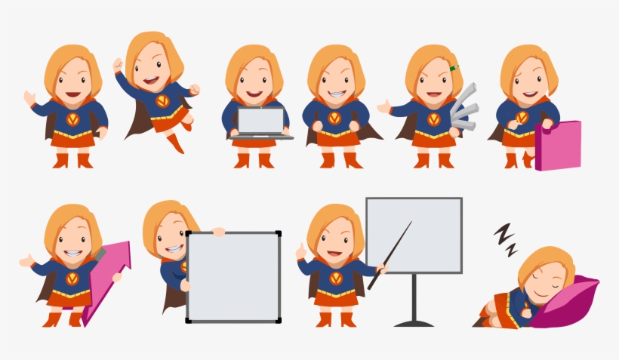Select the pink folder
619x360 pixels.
pos(558,144)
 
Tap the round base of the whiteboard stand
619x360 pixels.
pos(414,323)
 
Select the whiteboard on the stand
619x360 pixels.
pos(414,235)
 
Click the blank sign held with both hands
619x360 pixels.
pos(233,277)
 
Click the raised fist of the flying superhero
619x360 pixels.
pos(195,90)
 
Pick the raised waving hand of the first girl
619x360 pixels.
pos(29,98)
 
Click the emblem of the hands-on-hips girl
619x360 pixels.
pos(334,118)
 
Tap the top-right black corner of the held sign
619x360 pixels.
pos(278,234)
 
